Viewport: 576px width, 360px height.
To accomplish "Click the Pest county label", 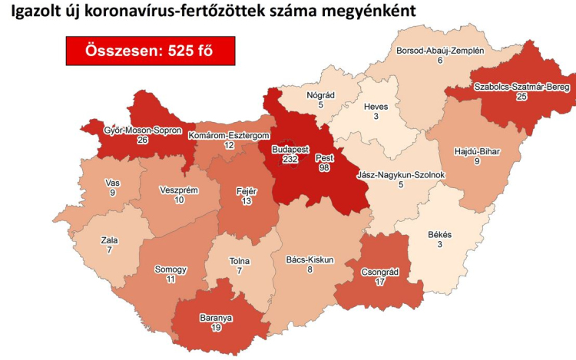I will click(324, 156).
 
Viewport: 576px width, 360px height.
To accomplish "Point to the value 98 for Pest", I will click(324, 167).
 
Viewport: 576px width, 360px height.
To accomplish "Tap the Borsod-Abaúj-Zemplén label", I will click(439, 50).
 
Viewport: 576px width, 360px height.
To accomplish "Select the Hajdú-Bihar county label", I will click(478, 151).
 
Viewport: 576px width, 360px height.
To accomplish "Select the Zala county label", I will click(110, 239).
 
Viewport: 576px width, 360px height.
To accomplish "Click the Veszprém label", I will click(178, 189).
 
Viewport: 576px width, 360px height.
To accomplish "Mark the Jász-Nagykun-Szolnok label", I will click(401, 175).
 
